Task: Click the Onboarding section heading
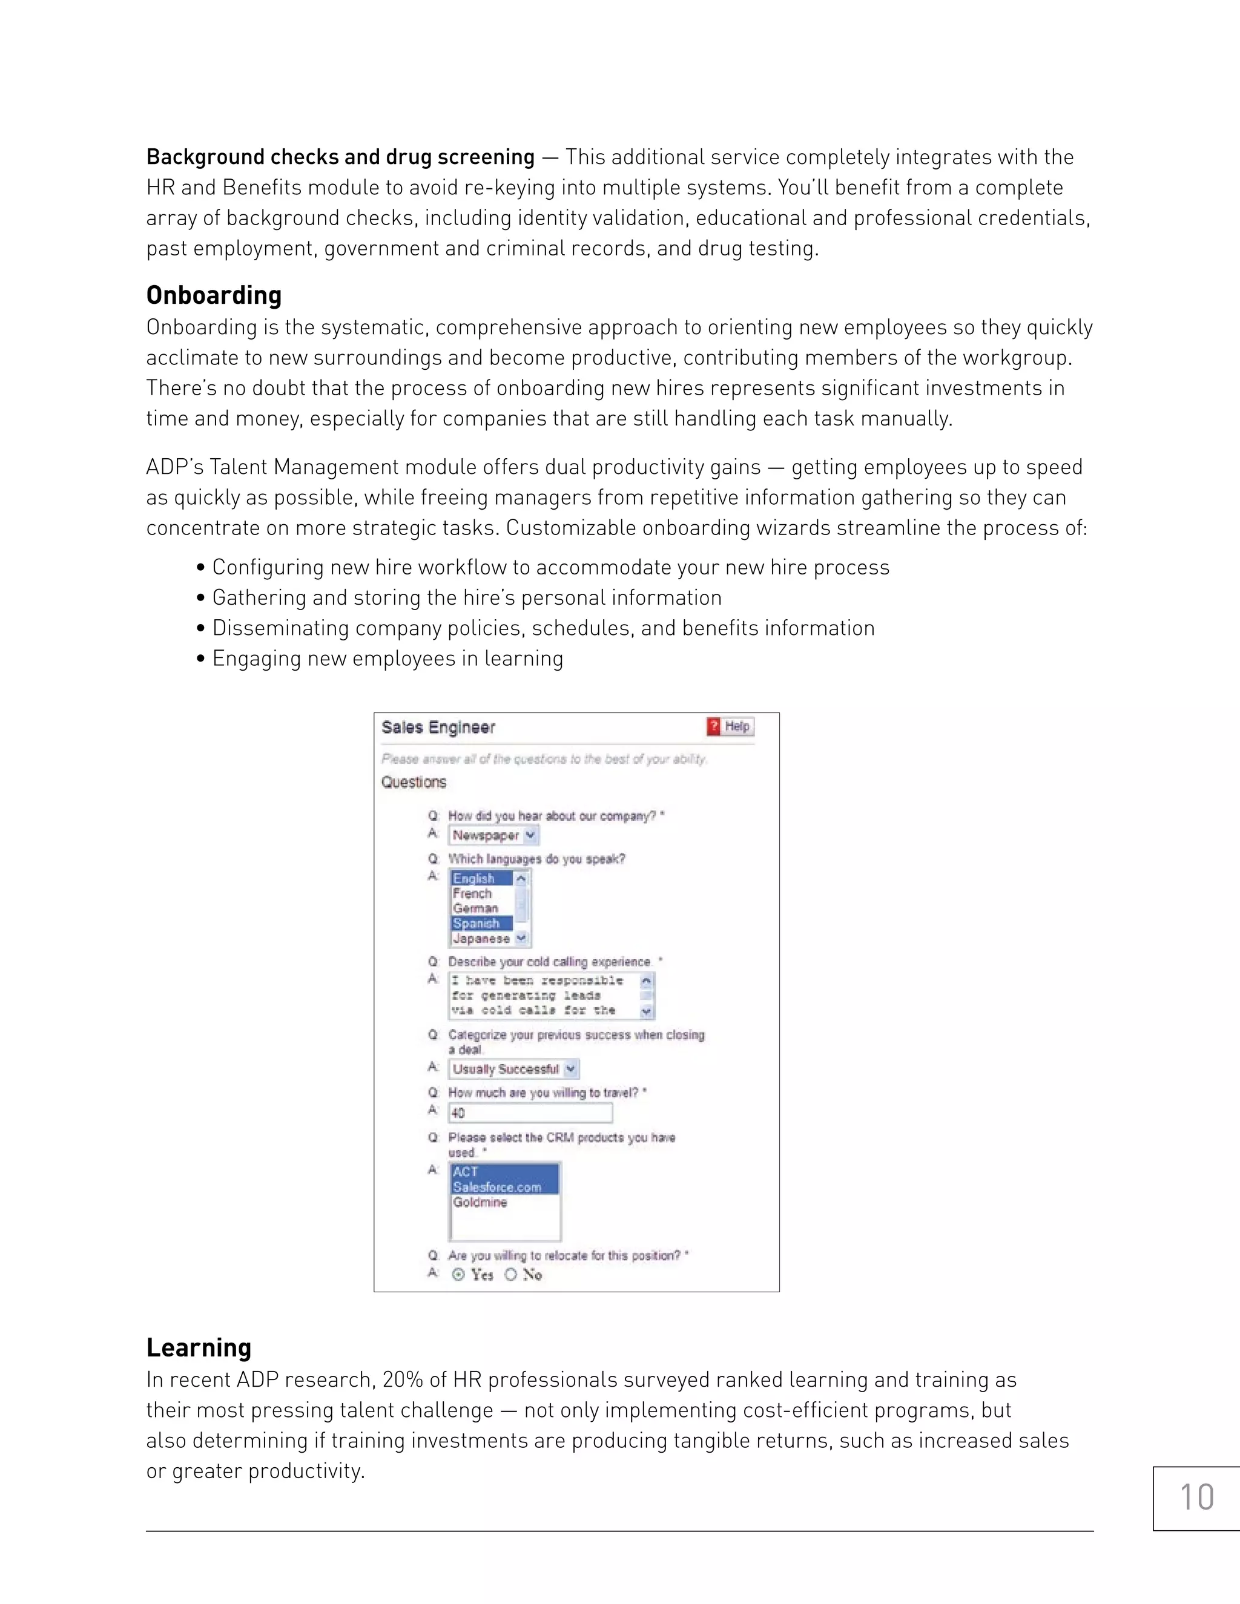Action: (x=214, y=295)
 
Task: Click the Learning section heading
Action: (x=199, y=1348)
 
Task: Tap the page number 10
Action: (x=1196, y=1497)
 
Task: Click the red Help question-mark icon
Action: (x=713, y=726)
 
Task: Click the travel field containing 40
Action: (x=530, y=1113)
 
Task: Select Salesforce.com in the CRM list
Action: (x=497, y=1188)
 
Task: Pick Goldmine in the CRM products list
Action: (x=480, y=1202)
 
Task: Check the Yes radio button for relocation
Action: (x=458, y=1275)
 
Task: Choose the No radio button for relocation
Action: (x=510, y=1275)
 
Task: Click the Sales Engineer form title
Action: (x=438, y=727)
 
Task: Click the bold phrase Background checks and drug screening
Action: (x=340, y=157)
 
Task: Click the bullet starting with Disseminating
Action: (x=543, y=628)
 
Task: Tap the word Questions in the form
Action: (x=414, y=782)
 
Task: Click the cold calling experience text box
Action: (x=544, y=996)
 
